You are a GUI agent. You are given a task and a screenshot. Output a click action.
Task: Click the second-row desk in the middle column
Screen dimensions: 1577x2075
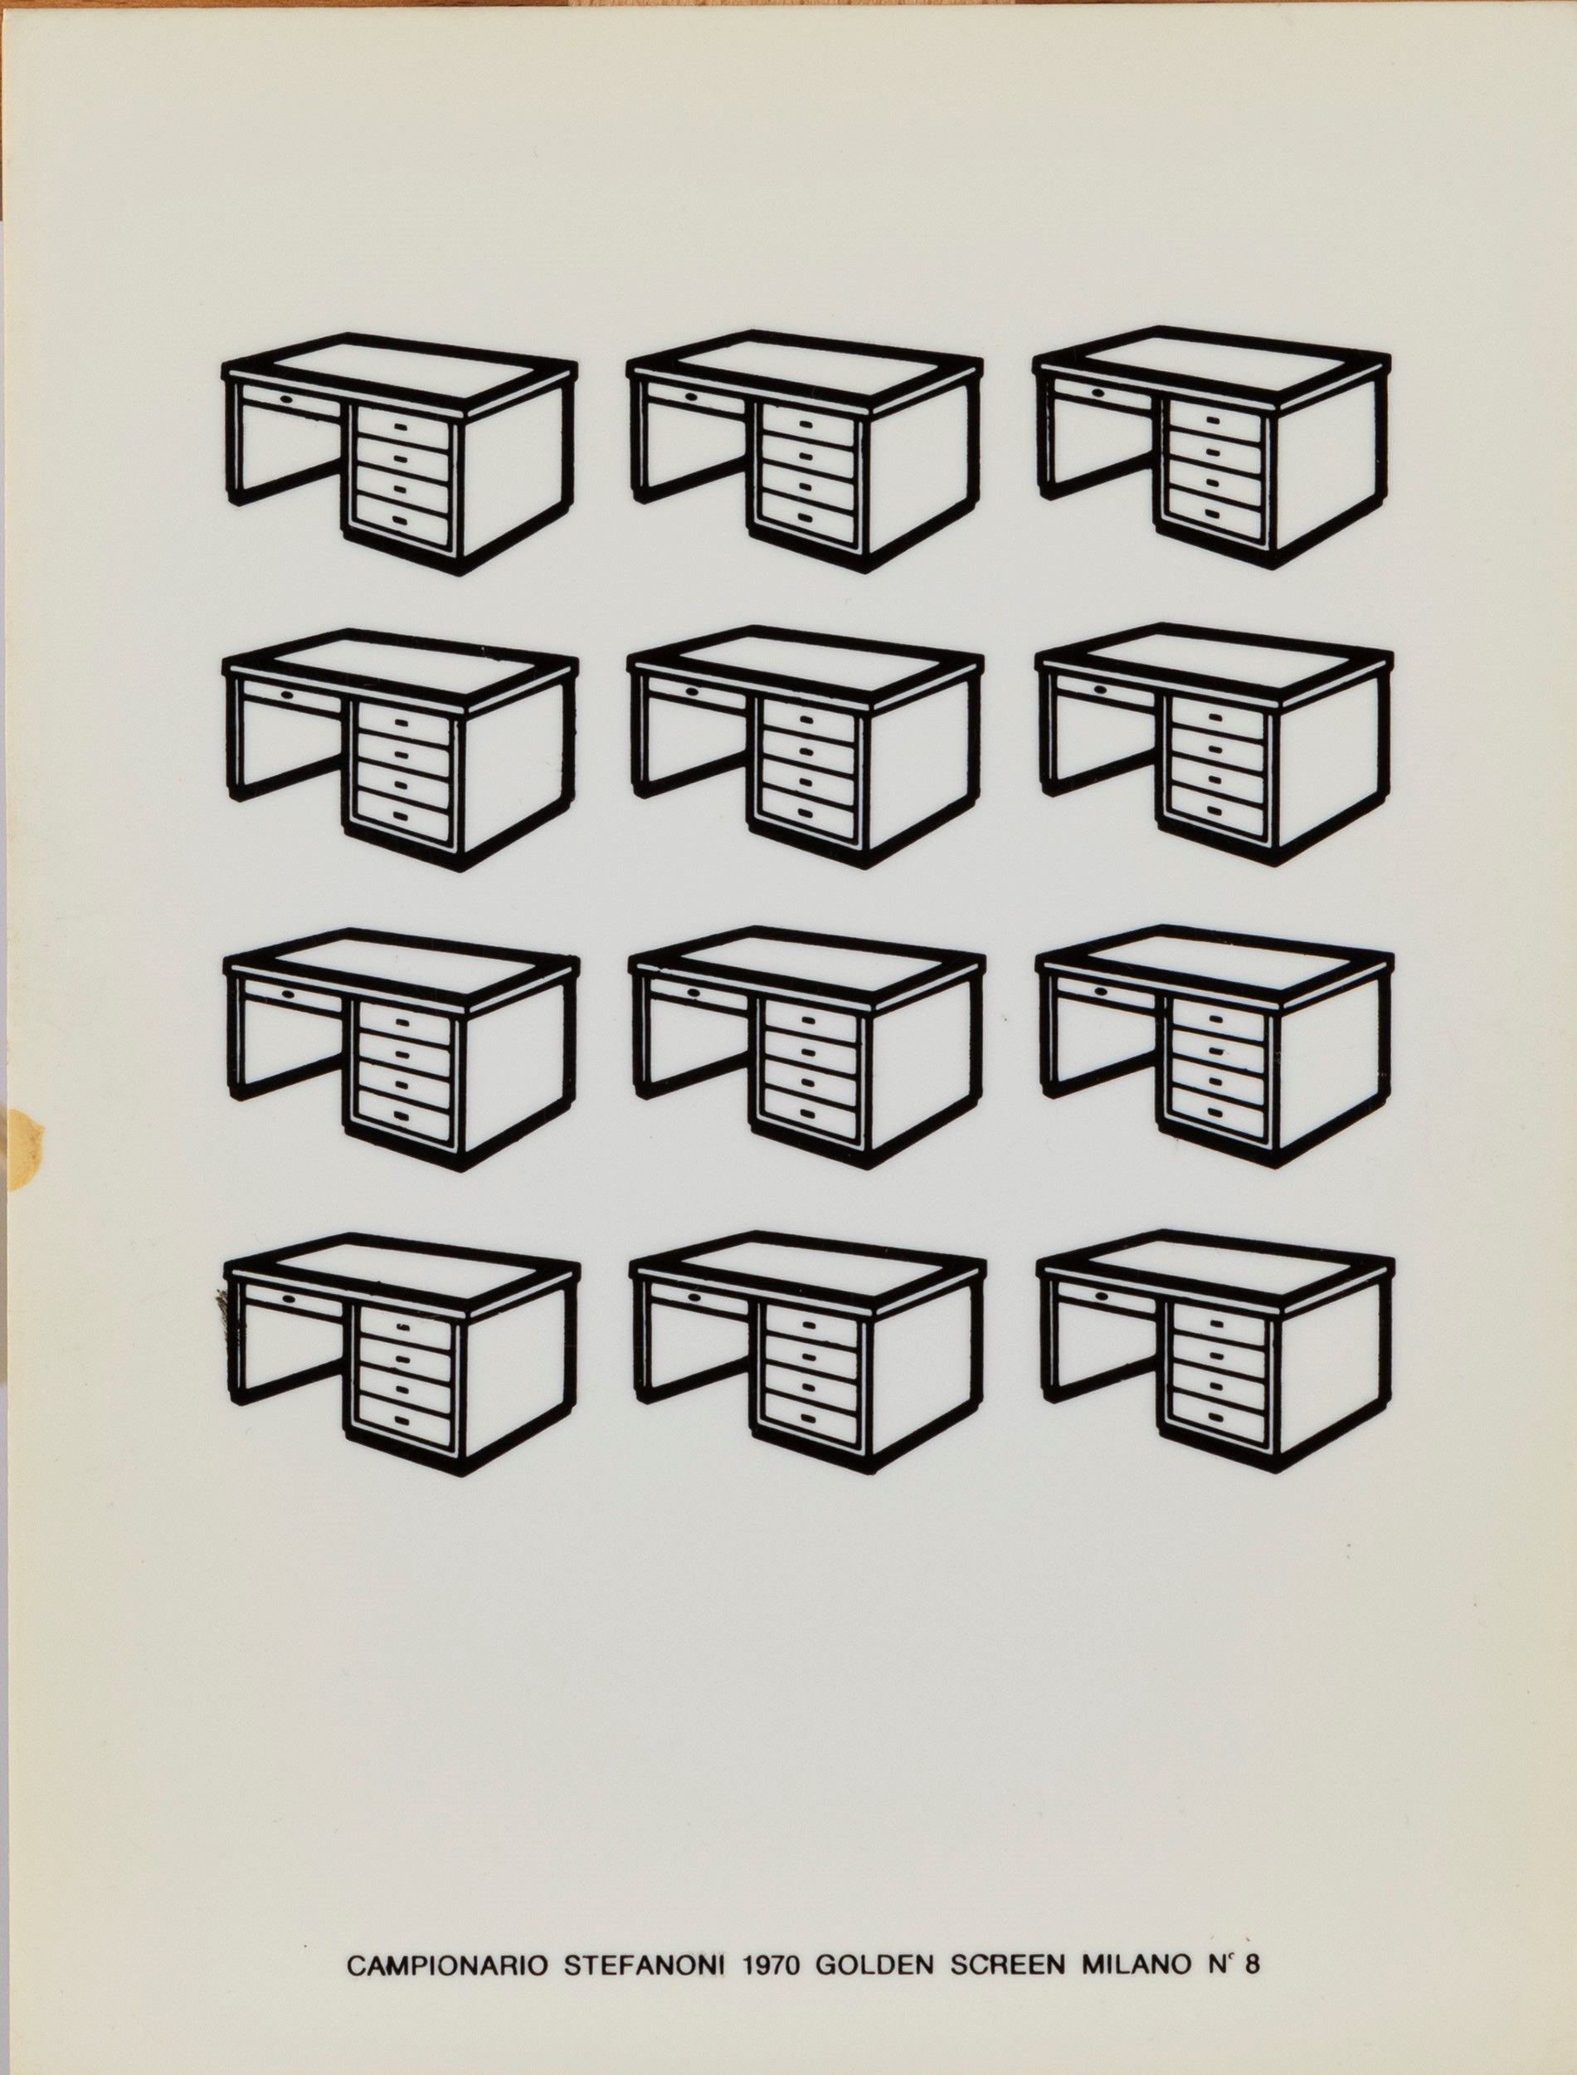point(806,747)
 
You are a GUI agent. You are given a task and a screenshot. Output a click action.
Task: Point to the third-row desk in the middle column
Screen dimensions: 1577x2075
point(807,1047)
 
